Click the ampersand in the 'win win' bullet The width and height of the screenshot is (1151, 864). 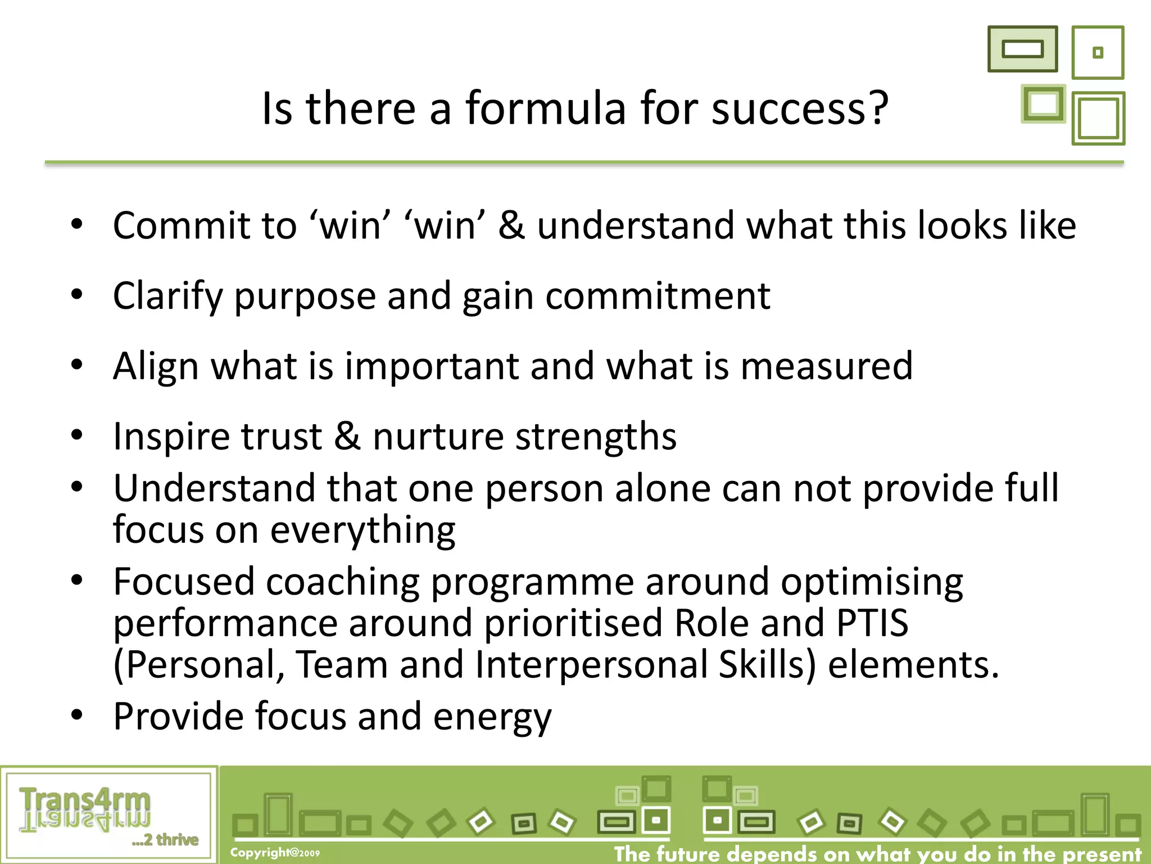coord(511,225)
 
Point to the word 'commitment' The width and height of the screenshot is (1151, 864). coord(658,296)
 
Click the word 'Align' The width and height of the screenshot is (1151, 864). coord(156,366)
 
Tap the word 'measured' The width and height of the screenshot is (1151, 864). coord(826,366)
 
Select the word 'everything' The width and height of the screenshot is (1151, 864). coord(363,530)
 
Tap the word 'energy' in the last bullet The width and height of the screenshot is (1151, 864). coord(492,717)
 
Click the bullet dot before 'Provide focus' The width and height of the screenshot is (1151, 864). coord(77,715)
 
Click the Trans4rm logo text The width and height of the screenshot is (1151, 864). coord(85,801)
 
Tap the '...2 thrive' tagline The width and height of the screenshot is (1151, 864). coord(165,840)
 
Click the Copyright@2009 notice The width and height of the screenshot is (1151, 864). coord(275,853)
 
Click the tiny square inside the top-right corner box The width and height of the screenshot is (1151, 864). coord(1098,52)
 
